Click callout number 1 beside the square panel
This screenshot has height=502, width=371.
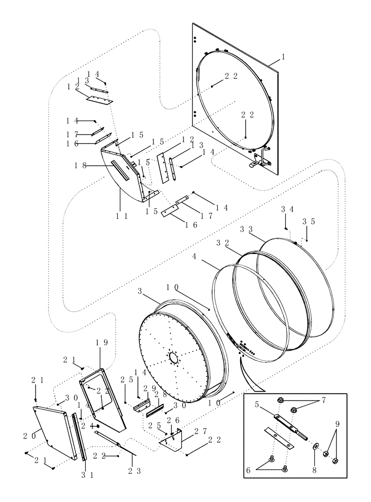tap(283, 57)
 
